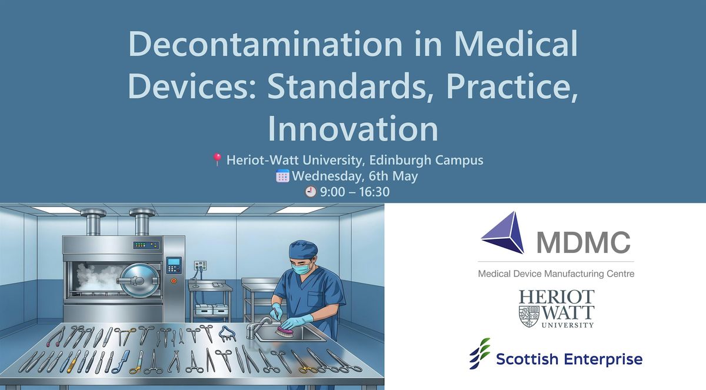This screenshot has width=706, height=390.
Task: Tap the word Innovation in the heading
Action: tap(353, 129)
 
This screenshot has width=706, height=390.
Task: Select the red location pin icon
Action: tap(217, 160)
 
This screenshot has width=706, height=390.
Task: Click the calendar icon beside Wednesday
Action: tap(282, 176)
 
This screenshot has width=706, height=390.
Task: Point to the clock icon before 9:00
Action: tap(311, 192)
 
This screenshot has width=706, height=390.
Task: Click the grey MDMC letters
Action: tap(584, 242)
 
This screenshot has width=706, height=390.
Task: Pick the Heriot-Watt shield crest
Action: tap(529, 316)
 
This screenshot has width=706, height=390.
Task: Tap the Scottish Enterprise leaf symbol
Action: tap(479, 353)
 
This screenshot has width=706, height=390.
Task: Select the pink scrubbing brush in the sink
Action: tap(285, 332)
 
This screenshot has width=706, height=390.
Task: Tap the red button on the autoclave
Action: tap(174, 281)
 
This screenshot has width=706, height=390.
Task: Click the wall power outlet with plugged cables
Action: tap(200, 265)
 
